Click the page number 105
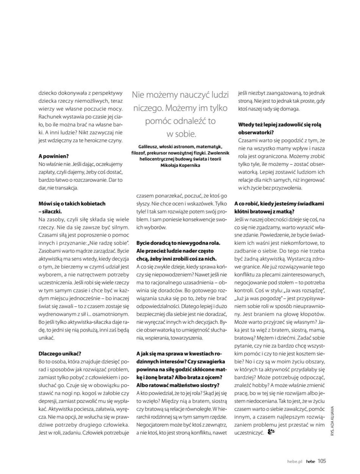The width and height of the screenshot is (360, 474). pyautogui.click(x=322, y=461)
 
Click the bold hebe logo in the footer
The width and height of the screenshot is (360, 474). pyautogui.click(x=311, y=461)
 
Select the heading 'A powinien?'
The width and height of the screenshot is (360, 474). pyautogui.click(x=54, y=156)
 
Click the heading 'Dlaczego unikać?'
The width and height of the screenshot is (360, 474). pyautogui.click(x=60, y=353)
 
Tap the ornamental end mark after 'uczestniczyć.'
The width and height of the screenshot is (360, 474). pyautogui.click(x=271, y=432)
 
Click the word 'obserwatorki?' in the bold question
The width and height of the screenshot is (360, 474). pyautogui.click(x=256, y=133)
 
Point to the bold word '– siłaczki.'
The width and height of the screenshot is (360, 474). pyautogui.click(x=50, y=211)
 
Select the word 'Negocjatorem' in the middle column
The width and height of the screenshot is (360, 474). pyautogui.click(x=152, y=424)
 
